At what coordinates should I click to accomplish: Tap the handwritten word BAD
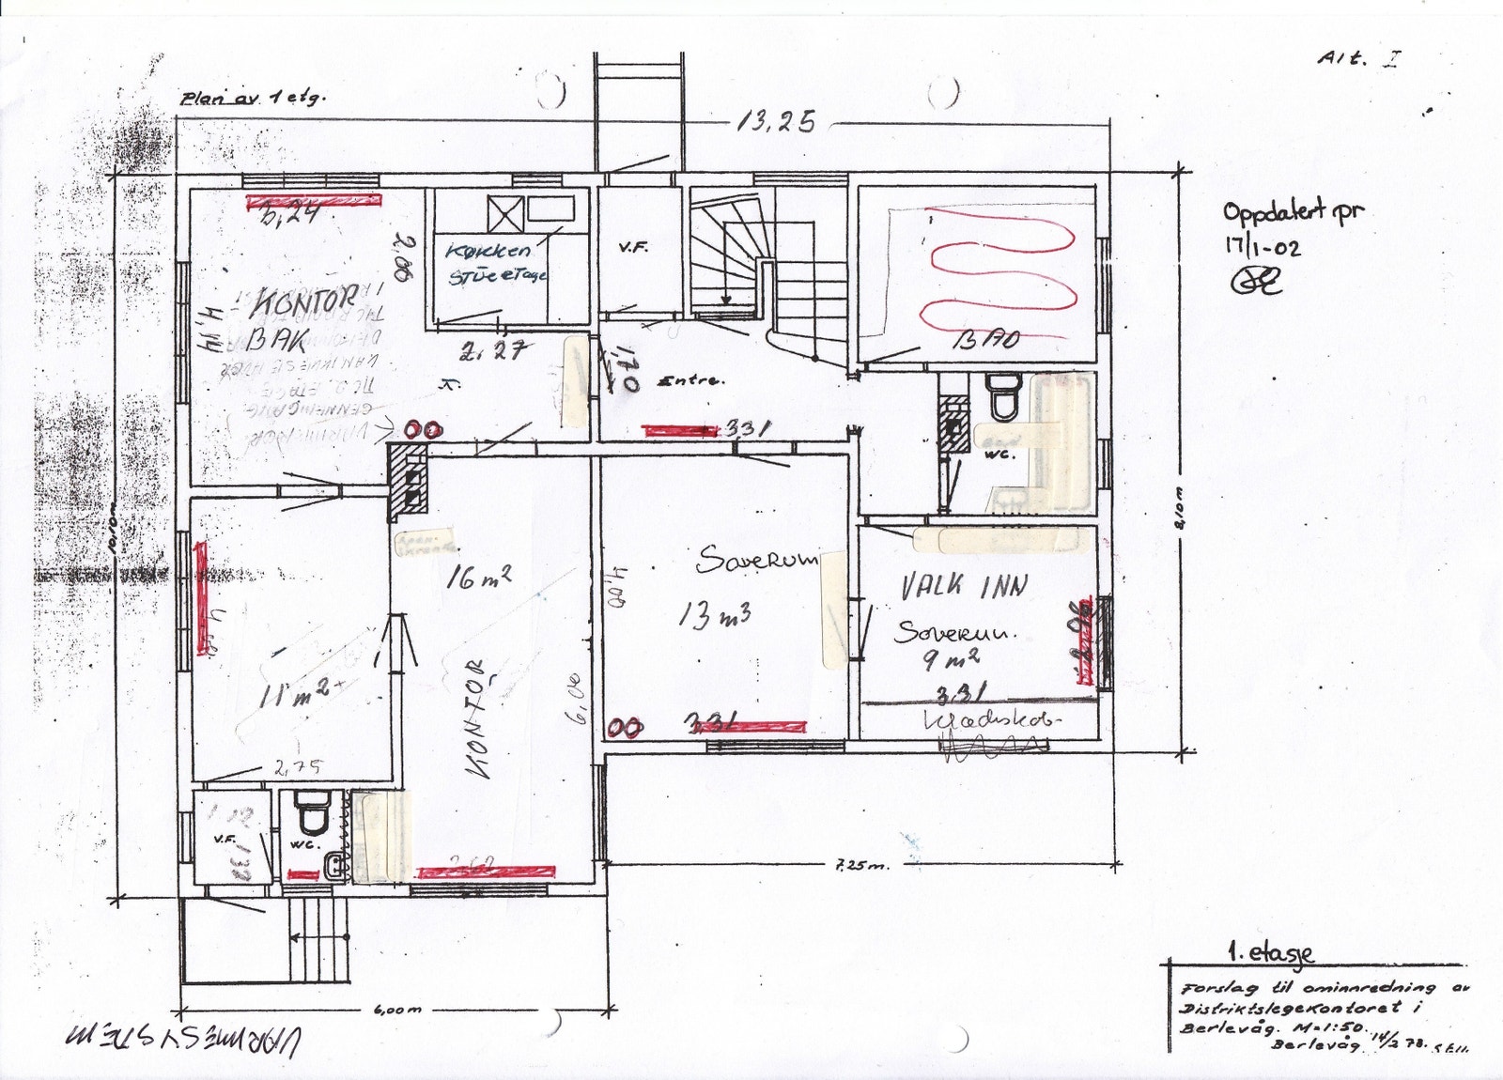[x=985, y=339]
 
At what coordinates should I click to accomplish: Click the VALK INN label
[x=964, y=587]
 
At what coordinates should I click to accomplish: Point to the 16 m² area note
[x=479, y=579]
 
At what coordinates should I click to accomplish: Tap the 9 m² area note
[x=951, y=659]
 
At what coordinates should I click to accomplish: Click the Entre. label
[x=693, y=380]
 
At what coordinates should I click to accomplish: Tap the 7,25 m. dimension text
[x=860, y=866]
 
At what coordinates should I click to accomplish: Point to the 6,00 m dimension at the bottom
[x=397, y=1010]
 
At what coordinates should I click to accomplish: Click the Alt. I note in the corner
[x=1359, y=58]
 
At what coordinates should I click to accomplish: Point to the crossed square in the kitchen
[x=504, y=213]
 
